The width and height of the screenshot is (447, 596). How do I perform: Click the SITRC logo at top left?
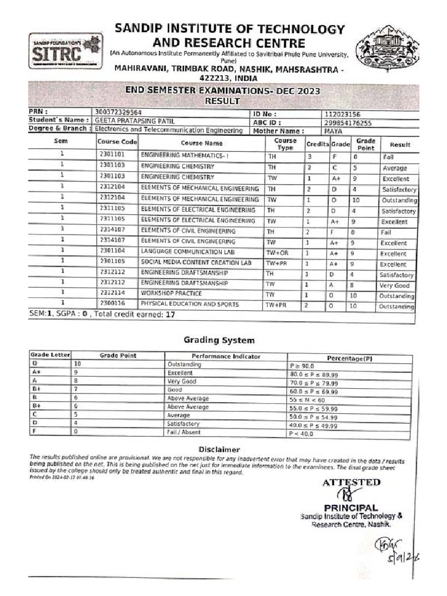(65, 51)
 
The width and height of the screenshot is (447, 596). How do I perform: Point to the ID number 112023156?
(344, 114)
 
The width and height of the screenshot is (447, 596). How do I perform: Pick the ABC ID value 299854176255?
(348, 123)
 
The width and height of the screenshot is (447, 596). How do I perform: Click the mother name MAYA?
(334, 132)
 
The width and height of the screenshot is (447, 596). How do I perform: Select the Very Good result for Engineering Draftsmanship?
(395, 286)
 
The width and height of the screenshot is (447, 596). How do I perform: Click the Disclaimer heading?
(219, 449)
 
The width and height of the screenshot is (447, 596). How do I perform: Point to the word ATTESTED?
(351, 483)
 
